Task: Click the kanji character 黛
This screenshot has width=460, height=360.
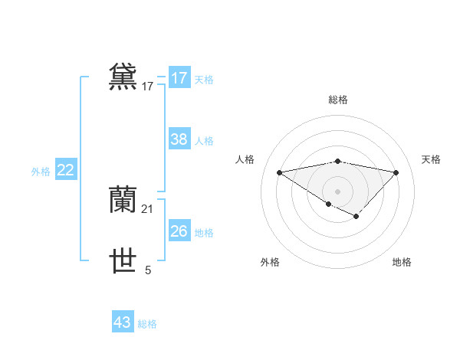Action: (x=123, y=77)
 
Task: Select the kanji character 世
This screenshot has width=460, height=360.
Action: (x=123, y=261)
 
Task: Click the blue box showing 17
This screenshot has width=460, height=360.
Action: (x=179, y=78)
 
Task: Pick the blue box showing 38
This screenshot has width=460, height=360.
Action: (x=179, y=139)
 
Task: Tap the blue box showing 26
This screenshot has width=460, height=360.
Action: (x=179, y=231)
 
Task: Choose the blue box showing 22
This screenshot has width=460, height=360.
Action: (x=65, y=170)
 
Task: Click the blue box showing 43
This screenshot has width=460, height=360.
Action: (x=122, y=322)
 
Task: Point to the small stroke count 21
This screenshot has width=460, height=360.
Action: (x=148, y=208)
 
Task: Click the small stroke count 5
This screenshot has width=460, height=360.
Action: (x=148, y=270)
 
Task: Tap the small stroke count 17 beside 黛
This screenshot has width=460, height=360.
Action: (x=148, y=87)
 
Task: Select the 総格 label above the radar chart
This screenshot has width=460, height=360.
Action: (x=337, y=100)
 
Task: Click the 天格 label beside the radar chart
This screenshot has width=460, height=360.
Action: (x=431, y=159)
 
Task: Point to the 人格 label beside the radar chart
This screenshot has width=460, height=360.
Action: (x=245, y=159)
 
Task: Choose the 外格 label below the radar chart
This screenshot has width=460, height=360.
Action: (x=270, y=262)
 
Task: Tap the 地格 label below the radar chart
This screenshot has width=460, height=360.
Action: (x=402, y=262)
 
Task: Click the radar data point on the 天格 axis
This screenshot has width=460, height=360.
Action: (x=396, y=172)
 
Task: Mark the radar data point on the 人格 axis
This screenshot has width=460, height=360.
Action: (x=279, y=172)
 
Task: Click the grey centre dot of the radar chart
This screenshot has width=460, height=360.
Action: (x=337, y=191)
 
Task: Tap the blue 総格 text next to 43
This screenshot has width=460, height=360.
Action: (x=147, y=324)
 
